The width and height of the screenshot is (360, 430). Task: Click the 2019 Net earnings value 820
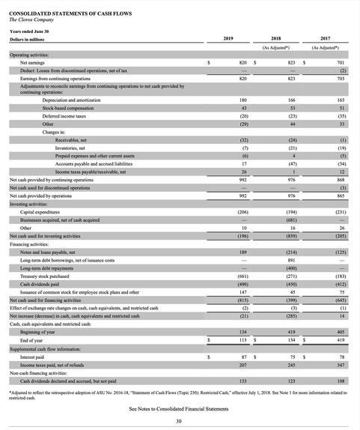[x=242, y=63]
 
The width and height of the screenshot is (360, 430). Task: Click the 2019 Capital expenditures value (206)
[x=241, y=211]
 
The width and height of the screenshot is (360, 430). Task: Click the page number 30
[x=178, y=422]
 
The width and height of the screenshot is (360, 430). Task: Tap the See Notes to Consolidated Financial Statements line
[x=179, y=408]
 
